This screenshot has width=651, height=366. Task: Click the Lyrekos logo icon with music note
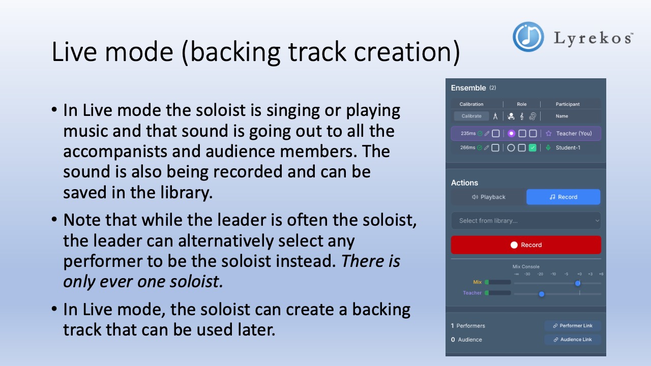point(528,37)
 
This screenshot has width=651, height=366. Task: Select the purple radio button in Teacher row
point(511,134)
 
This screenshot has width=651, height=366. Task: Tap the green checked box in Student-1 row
point(532,148)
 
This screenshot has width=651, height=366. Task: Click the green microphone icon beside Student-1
point(548,148)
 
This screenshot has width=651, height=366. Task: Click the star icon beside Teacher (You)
point(548,134)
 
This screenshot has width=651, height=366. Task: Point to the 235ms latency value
point(468,134)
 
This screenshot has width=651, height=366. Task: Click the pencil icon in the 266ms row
point(487,148)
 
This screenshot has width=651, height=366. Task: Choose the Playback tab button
point(488,197)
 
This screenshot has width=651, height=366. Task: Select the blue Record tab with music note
point(563,197)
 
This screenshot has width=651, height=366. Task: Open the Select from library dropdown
point(526,221)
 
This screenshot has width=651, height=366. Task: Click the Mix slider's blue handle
point(578,283)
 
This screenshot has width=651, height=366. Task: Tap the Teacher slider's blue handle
point(541,294)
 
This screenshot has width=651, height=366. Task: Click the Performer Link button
point(572,326)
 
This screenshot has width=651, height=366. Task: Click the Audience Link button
point(572,340)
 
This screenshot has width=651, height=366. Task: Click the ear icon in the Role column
point(532,116)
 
